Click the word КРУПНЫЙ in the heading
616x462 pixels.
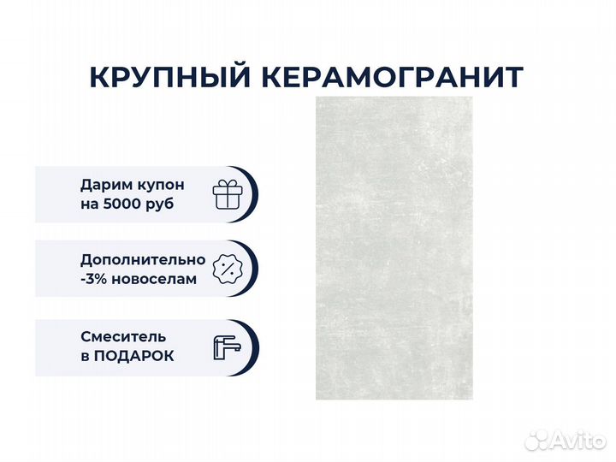click(169, 77)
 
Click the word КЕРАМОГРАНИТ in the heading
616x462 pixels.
click(393, 77)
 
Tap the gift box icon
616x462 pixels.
click(228, 194)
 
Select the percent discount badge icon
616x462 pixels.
click(228, 269)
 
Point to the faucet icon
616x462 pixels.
click(227, 347)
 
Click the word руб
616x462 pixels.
click(159, 204)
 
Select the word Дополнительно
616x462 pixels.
click(143, 260)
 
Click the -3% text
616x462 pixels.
click(94, 279)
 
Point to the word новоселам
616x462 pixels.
click(154, 280)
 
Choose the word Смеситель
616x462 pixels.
click(123, 337)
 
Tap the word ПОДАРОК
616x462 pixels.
click(133, 356)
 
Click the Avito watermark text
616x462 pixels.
click(578, 441)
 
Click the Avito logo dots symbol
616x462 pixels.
click(537, 440)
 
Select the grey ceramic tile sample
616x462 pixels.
click(394, 248)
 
